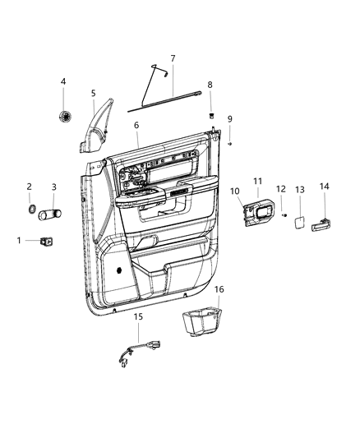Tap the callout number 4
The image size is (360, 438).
(64, 81)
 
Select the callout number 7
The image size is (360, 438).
(173, 58)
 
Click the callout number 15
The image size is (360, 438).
(138, 316)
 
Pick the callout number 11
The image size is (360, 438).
(257, 182)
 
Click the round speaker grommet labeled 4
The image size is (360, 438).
(65, 116)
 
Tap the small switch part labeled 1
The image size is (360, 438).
(47, 241)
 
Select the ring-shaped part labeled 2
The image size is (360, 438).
(30, 210)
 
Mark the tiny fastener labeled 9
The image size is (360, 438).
(231, 144)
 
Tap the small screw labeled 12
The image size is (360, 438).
(284, 215)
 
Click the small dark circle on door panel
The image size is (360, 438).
(122, 268)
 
